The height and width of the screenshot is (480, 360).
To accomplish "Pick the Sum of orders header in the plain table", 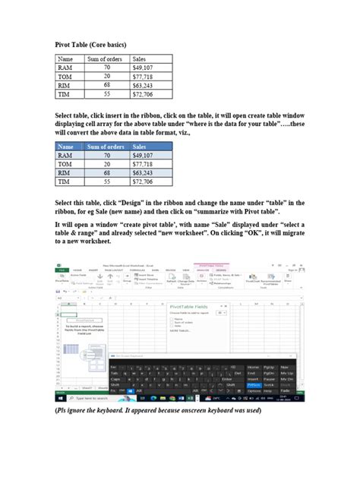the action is point(106,58).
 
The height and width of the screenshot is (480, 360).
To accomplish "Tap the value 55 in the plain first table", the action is point(107,95).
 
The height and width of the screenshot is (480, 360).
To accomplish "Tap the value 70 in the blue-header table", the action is point(107,156).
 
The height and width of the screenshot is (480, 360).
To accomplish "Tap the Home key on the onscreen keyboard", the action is point(254,366).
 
